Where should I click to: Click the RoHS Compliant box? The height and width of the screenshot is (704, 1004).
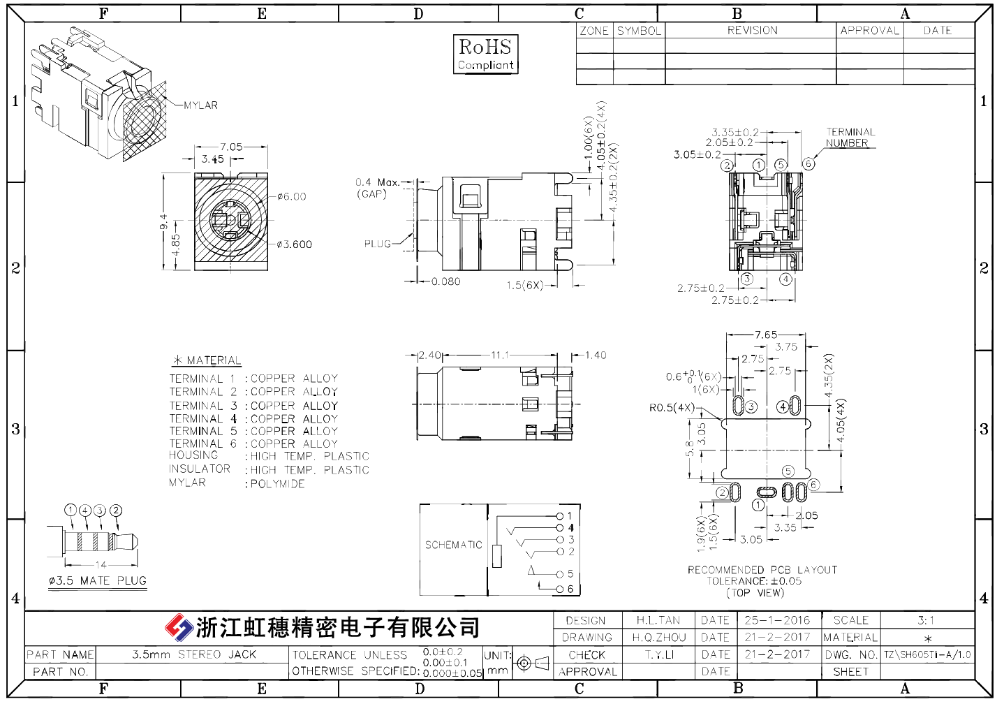tap(485, 54)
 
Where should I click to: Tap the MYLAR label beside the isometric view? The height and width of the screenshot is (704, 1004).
tap(201, 105)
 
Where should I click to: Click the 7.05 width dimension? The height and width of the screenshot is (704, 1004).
tap(231, 147)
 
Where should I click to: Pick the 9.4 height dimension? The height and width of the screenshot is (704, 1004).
tap(163, 221)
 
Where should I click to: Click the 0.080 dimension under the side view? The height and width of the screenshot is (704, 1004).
tap(446, 281)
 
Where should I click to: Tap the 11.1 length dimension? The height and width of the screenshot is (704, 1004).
tap(500, 355)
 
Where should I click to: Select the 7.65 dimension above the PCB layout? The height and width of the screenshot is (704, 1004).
tap(766, 335)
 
